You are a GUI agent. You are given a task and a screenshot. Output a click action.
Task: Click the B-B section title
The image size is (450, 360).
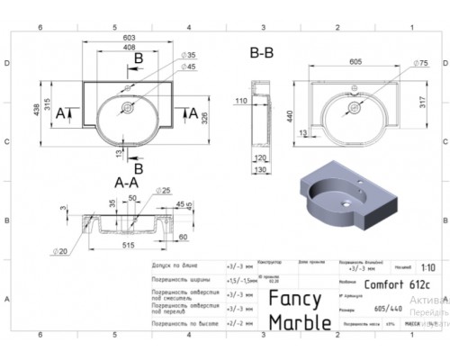point(262,55)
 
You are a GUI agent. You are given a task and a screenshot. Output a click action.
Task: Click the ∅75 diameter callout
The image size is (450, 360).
point(421,63)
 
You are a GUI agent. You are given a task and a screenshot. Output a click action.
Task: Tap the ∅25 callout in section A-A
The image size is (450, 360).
point(166,191)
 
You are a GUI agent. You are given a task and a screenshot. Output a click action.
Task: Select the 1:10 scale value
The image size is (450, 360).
point(426,266)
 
